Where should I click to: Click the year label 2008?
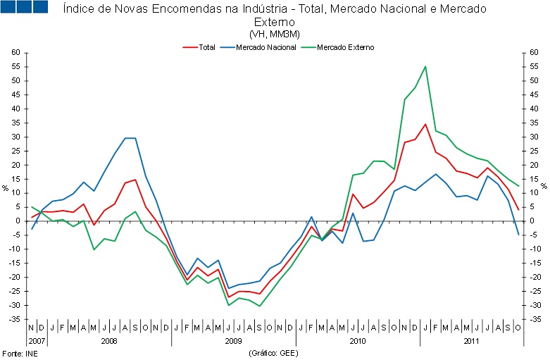pos(109,340)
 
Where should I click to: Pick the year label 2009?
pos(234,340)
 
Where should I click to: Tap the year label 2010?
pos(358,340)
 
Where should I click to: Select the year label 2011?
pos(472,340)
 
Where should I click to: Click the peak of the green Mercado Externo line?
pos(425,67)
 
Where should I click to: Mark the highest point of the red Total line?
pos(425,125)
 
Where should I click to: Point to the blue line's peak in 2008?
pos(130,138)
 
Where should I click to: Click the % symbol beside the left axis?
pos(5,188)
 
